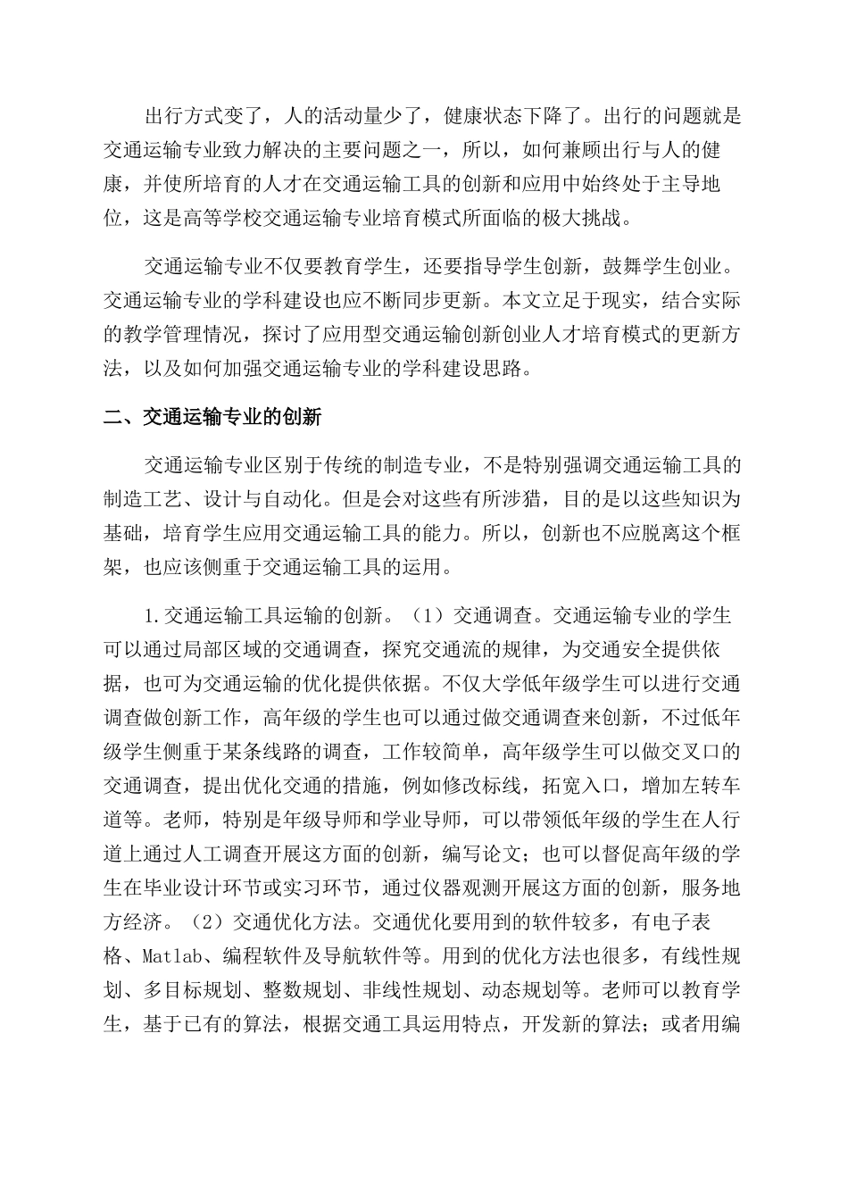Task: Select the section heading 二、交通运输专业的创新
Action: tap(212, 416)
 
